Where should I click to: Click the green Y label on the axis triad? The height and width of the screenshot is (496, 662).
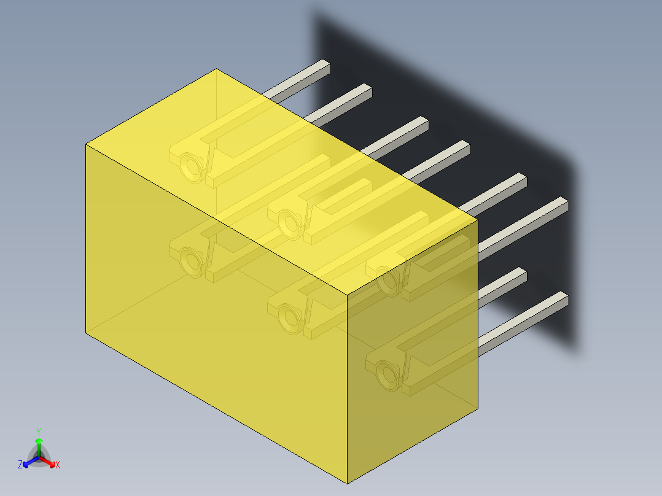click(x=38, y=431)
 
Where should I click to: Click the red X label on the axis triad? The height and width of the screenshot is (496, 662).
click(x=58, y=465)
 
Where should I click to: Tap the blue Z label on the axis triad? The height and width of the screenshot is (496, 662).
click(x=20, y=465)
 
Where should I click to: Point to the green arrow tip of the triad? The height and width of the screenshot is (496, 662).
click(x=39, y=441)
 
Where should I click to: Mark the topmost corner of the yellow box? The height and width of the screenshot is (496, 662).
click(x=216, y=69)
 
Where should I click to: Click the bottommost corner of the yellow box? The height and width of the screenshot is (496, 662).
click(x=348, y=483)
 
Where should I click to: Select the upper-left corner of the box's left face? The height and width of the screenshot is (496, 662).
click(x=86, y=145)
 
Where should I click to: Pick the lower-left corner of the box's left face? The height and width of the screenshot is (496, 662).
click(x=86, y=332)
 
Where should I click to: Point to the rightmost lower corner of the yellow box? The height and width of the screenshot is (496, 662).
click(x=477, y=407)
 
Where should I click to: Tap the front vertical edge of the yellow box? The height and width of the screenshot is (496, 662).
click(x=348, y=387)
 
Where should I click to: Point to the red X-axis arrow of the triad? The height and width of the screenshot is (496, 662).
click(x=49, y=460)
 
